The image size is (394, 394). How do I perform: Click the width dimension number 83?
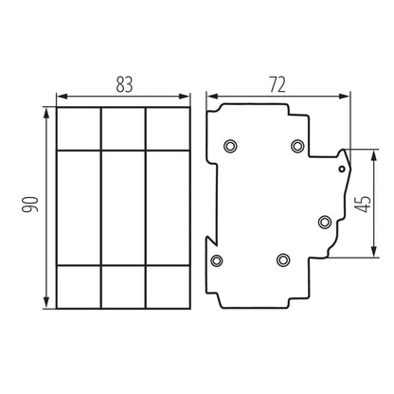(x=122, y=82)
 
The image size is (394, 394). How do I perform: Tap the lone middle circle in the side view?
(x=324, y=222)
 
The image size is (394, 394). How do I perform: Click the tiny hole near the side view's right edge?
(x=341, y=169)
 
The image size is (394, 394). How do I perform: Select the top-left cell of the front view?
(x=78, y=129)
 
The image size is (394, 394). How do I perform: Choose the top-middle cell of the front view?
(x=122, y=129)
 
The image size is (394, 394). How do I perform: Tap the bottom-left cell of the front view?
(x=78, y=286)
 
